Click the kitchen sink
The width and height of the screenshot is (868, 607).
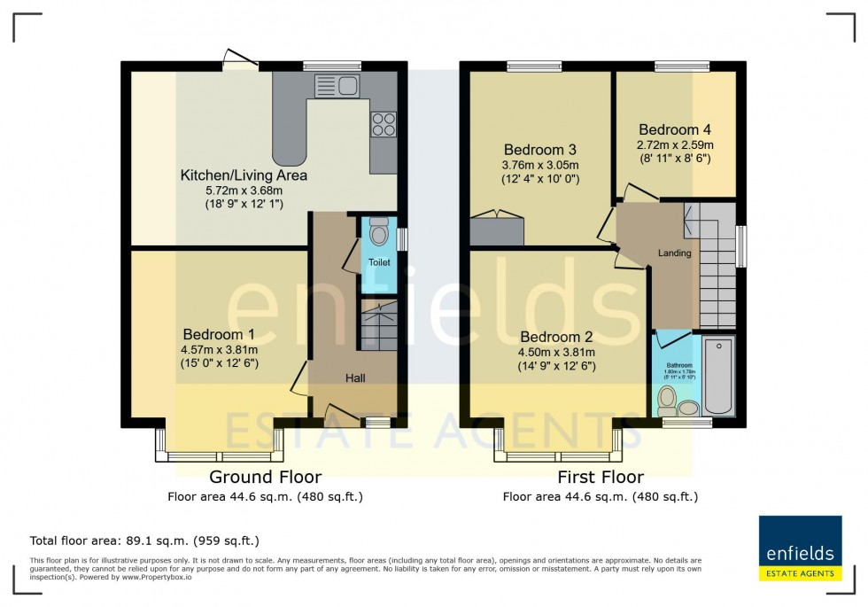click(x=336, y=86)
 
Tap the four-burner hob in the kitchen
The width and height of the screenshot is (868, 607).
click(x=384, y=124)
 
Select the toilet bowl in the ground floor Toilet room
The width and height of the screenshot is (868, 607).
click(x=378, y=233)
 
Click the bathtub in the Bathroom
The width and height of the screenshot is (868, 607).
click(x=718, y=374)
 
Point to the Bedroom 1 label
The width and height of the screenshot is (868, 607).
click(x=219, y=334)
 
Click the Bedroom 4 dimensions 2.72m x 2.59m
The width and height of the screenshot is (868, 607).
click(x=675, y=144)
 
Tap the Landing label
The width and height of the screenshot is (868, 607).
click(x=674, y=253)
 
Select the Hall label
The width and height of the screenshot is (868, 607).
click(x=355, y=378)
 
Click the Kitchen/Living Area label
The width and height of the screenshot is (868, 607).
click(x=244, y=175)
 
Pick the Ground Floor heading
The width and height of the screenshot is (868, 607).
click(x=265, y=478)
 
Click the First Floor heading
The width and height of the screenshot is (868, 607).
click(x=600, y=478)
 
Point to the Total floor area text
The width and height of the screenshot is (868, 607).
click(x=144, y=540)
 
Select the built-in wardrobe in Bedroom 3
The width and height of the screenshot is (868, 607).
click(x=497, y=229)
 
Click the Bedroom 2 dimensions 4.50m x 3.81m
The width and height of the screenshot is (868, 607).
click(x=557, y=352)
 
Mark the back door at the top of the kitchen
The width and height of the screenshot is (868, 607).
click(x=240, y=60)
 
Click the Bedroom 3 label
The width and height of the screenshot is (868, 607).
click(x=540, y=149)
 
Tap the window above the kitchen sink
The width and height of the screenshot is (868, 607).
click(x=332, y=65)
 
